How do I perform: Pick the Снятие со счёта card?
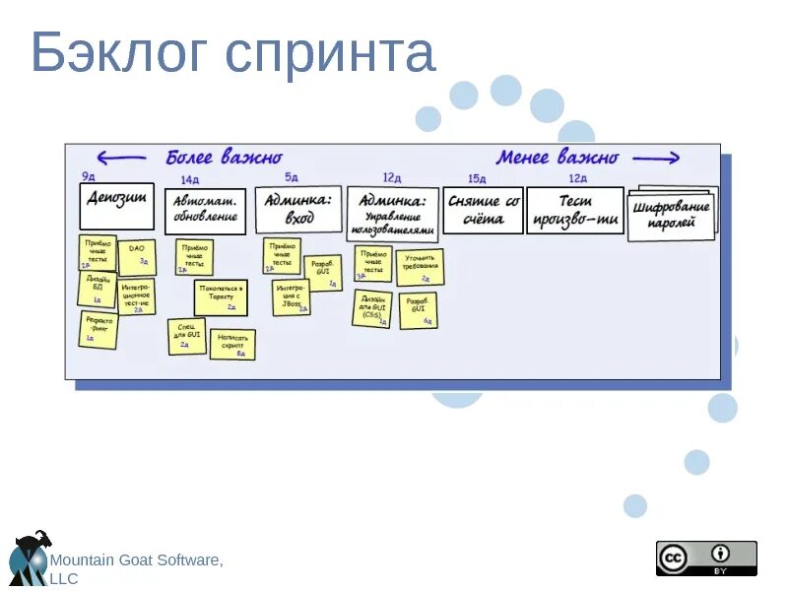(x=483, y=210)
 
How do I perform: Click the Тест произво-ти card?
(x=575, y=210)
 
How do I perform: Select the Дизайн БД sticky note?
(x=97, y=289)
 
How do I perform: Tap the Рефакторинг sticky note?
(x=98, y=329)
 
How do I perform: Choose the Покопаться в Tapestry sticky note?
(x=220, y=297)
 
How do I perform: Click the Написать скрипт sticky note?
(x=232, y=344)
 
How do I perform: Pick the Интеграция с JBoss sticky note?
(x=291, y=296)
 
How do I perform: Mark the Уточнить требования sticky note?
(x=421, y=266)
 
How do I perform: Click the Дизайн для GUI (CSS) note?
(x=372, y=307)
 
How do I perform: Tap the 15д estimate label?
(x=477, y=178)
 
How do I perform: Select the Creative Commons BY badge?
(x=706, y=558)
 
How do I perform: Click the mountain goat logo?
(x=27, y=559)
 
